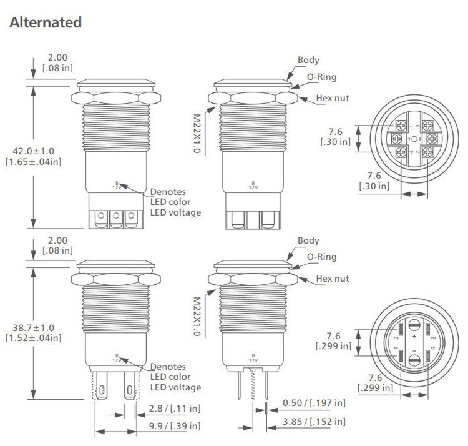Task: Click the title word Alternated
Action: point(46,22)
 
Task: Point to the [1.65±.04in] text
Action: point(33,162)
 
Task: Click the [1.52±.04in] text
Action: point(33,338)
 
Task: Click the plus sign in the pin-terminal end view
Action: point(414,337)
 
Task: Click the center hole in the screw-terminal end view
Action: point(414,138)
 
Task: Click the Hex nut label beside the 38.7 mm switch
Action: point(332,279)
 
